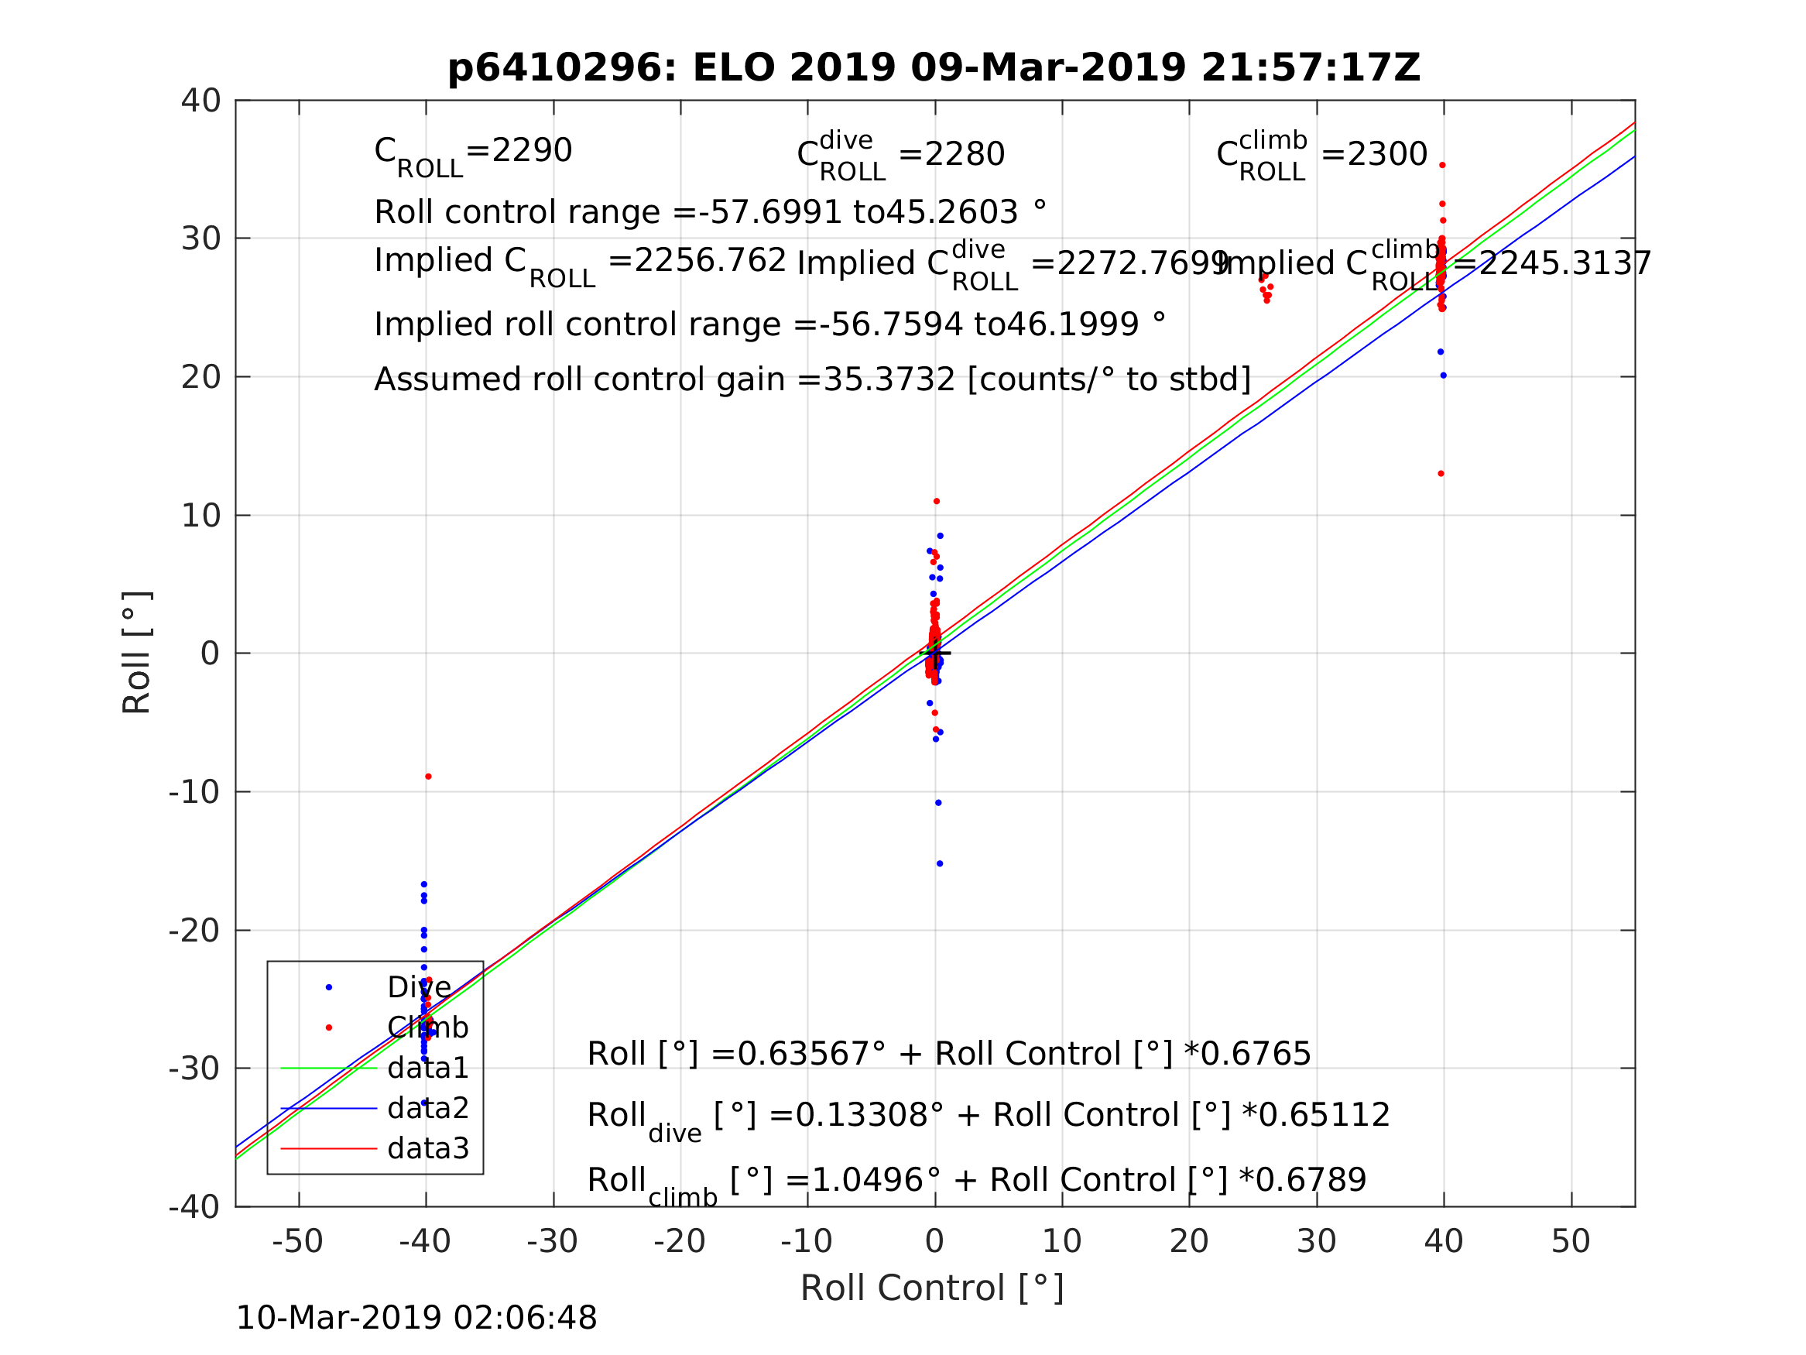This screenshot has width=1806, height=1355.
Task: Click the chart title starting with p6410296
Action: (x=934, y=68)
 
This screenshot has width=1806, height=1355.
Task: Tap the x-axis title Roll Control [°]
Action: (x=931, y=1288)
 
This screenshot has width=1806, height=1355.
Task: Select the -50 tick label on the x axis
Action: (x=297, y=1241)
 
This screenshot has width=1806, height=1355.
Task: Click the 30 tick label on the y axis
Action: (x=200, y=239)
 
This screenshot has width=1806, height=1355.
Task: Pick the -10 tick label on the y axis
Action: (x=194, y=792)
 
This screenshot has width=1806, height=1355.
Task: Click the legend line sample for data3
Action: (x=328, y=1149)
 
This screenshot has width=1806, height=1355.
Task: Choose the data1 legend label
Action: (x=428, y=1068)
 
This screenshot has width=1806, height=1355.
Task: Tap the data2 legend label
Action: (x=428, y=1108)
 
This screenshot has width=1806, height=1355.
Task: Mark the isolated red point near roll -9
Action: (x=429, y=777)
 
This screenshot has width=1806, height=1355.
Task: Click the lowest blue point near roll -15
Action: (x=940, y=864)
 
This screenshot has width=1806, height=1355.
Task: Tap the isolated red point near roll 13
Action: (x=1441, y=474)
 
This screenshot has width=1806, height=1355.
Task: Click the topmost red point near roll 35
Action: (x=1443, y=165)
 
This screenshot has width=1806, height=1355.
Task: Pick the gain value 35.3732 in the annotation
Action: (x=889, y=381)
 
